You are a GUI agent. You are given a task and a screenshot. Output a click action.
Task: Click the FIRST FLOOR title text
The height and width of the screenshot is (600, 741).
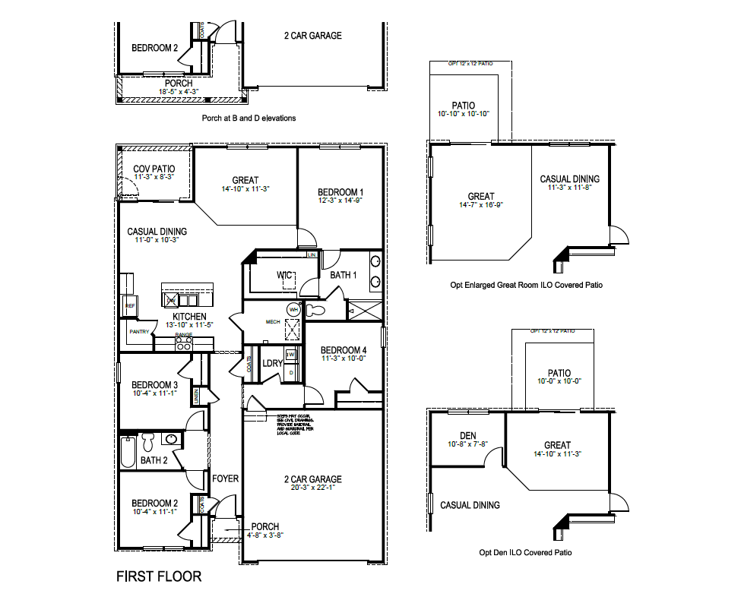pyautogui.click(x=159, y=576)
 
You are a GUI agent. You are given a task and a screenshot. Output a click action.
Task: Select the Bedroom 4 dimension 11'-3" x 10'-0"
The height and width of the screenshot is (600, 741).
pyautogui.click(x=343, y=358)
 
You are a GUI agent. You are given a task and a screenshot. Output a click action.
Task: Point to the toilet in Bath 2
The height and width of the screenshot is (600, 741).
pyautogui.click(x=148, y=441)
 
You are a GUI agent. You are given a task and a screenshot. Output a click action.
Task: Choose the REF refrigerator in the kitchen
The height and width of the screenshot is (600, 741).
pyautogui.click(x=129, y=305)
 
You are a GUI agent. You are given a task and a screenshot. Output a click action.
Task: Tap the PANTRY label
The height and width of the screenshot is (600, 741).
pyautogui.click(x=139, y=331)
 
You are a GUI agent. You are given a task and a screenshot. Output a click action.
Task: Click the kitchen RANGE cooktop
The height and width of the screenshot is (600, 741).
pyautogui.click(x=183, y=343)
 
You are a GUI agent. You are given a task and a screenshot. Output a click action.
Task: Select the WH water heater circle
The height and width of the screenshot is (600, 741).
pyautogui.click(x=293, y=310)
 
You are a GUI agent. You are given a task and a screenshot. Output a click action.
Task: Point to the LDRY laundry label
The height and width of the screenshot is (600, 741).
pyautogui.click(x=272, y=363)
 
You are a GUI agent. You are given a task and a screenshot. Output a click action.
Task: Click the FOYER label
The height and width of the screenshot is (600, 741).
pyautogui.click(x=225, y=479)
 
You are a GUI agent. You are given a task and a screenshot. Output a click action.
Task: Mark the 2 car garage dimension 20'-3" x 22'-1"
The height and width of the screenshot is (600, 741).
pyautogui.click(x=312, y=488)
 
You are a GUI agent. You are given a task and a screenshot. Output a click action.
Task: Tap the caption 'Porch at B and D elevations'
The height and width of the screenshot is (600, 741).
pyautogui.click(x=249, y=118)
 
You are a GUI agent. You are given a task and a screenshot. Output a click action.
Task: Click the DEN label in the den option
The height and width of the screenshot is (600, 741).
pyautogui.click(x=467, y=435)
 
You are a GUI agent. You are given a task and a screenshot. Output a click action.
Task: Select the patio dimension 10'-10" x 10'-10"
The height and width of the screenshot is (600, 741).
pyautogui.click(x=463, y=114)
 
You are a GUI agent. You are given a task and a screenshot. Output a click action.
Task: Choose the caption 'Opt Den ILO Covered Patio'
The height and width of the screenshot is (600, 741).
pyautogui.click(x=525, y=553)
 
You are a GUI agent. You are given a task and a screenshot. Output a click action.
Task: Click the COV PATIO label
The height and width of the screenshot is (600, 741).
pyautogui.click(x=154, y=169)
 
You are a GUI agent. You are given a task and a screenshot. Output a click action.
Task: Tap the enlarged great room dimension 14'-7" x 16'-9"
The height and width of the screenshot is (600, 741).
pyautogui.click(x=480, y=205)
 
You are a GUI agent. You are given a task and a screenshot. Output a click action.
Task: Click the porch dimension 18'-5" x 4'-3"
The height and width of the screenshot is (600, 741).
pyautogui.click(x=178, y=92)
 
